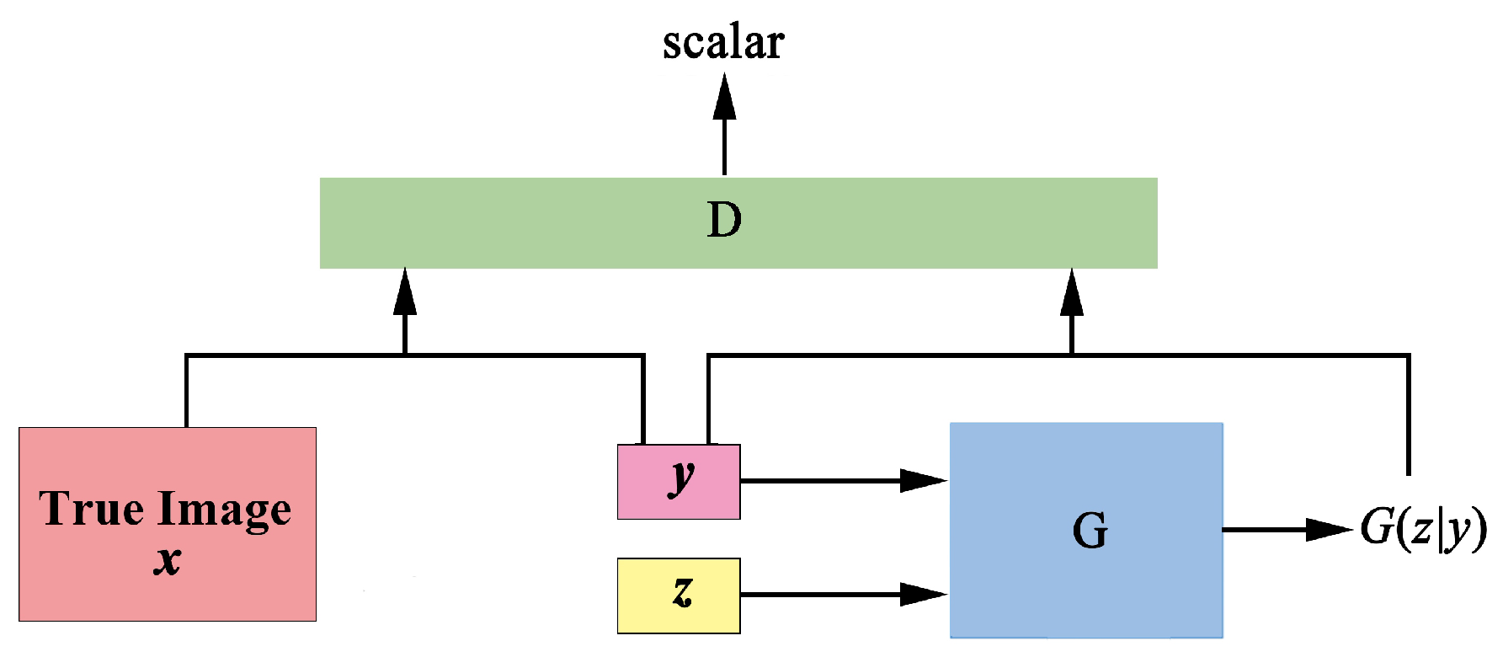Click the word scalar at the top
tap(723, 43)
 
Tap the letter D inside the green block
tap(724, 221)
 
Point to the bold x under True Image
tap(168, 559)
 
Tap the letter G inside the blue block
tap(1090, 531)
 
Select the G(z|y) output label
tap(1423, 530)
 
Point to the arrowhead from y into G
tap(924, 481)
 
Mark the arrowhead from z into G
tap(924, 595)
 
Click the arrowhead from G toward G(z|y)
tap(1328, 530)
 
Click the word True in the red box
tap(91, 509)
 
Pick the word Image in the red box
tap(225, 510)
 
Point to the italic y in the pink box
tap(681, 478)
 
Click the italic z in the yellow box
tap(682, 590)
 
